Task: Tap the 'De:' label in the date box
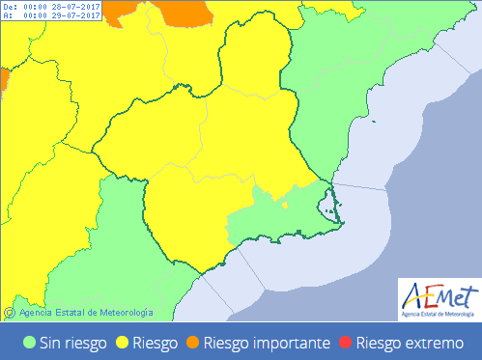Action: coord(10,6)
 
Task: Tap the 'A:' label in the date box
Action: coord(8,15)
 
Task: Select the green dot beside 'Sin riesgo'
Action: coord(30,342)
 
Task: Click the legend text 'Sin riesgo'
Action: coord(72,342)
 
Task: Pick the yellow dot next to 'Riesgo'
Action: coord(123,342)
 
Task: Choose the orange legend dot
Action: coord(193,342)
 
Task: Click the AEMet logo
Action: coord(438,299)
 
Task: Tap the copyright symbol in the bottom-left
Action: coord(9,312)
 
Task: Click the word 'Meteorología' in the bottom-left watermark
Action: coord(127,312)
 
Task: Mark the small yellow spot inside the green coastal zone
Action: coord(285,204)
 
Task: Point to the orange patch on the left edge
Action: coord(3,76)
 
